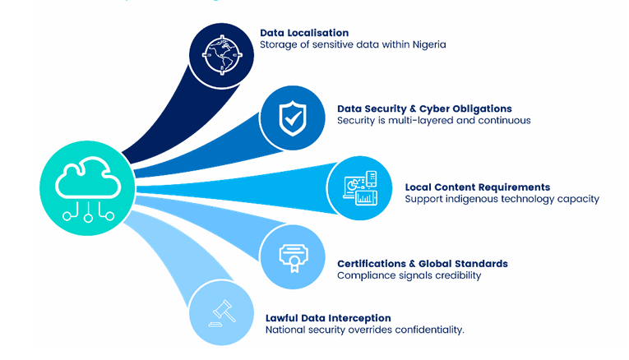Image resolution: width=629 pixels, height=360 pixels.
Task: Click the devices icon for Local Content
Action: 359,187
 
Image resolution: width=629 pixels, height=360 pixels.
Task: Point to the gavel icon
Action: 220,312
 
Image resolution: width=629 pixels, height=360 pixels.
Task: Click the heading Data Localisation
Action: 304,33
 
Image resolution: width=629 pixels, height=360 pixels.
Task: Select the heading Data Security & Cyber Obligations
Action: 424,108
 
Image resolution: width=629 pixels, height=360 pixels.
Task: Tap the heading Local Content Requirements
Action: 478,187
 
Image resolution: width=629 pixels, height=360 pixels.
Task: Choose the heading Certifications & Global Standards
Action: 423,264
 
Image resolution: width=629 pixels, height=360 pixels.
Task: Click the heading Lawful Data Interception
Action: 328,318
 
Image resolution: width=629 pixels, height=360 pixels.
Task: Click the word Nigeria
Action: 428,44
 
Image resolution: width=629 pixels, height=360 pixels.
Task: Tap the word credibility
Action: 456,275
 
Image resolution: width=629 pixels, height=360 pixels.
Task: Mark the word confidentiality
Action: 431,330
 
